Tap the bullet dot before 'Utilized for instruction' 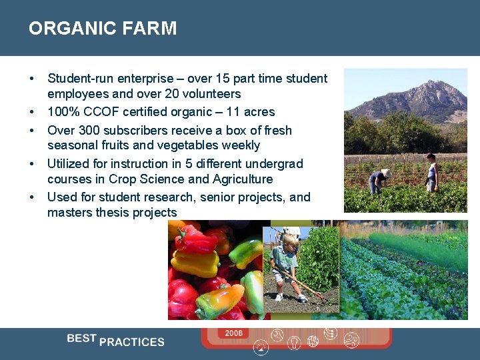pyautogui.click(x=32, y=164)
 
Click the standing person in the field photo pyautogui.click(x=431, y=173)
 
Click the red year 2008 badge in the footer pyautogui.click(x=233, y=333)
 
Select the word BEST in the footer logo pyautogui.click(x=81, y=338)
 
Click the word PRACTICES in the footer pyautogui.click(x=132, y=342)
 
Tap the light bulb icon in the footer pyautogui.click(x=295, y=343)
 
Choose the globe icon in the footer pyautogui.click(x=313, y=341)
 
